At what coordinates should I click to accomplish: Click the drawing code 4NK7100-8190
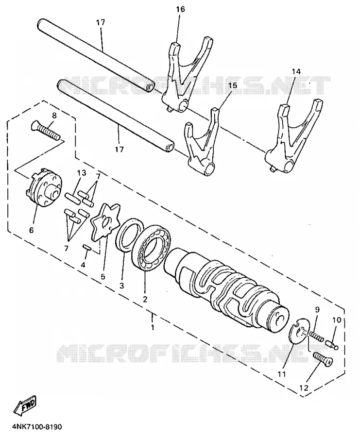click(x=37, y=427)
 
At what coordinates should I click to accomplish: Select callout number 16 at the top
click(x=180, y=10)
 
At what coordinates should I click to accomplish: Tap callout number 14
click(x=296, y=72)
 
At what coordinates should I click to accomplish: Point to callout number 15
click(x=233, y=85)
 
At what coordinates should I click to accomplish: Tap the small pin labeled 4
click(x=86, y=248)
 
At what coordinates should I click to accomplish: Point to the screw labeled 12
click(x=323, y=359)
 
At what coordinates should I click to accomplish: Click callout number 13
click(x=82, y=173)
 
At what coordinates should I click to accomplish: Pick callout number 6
click(x=31, y=230)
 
